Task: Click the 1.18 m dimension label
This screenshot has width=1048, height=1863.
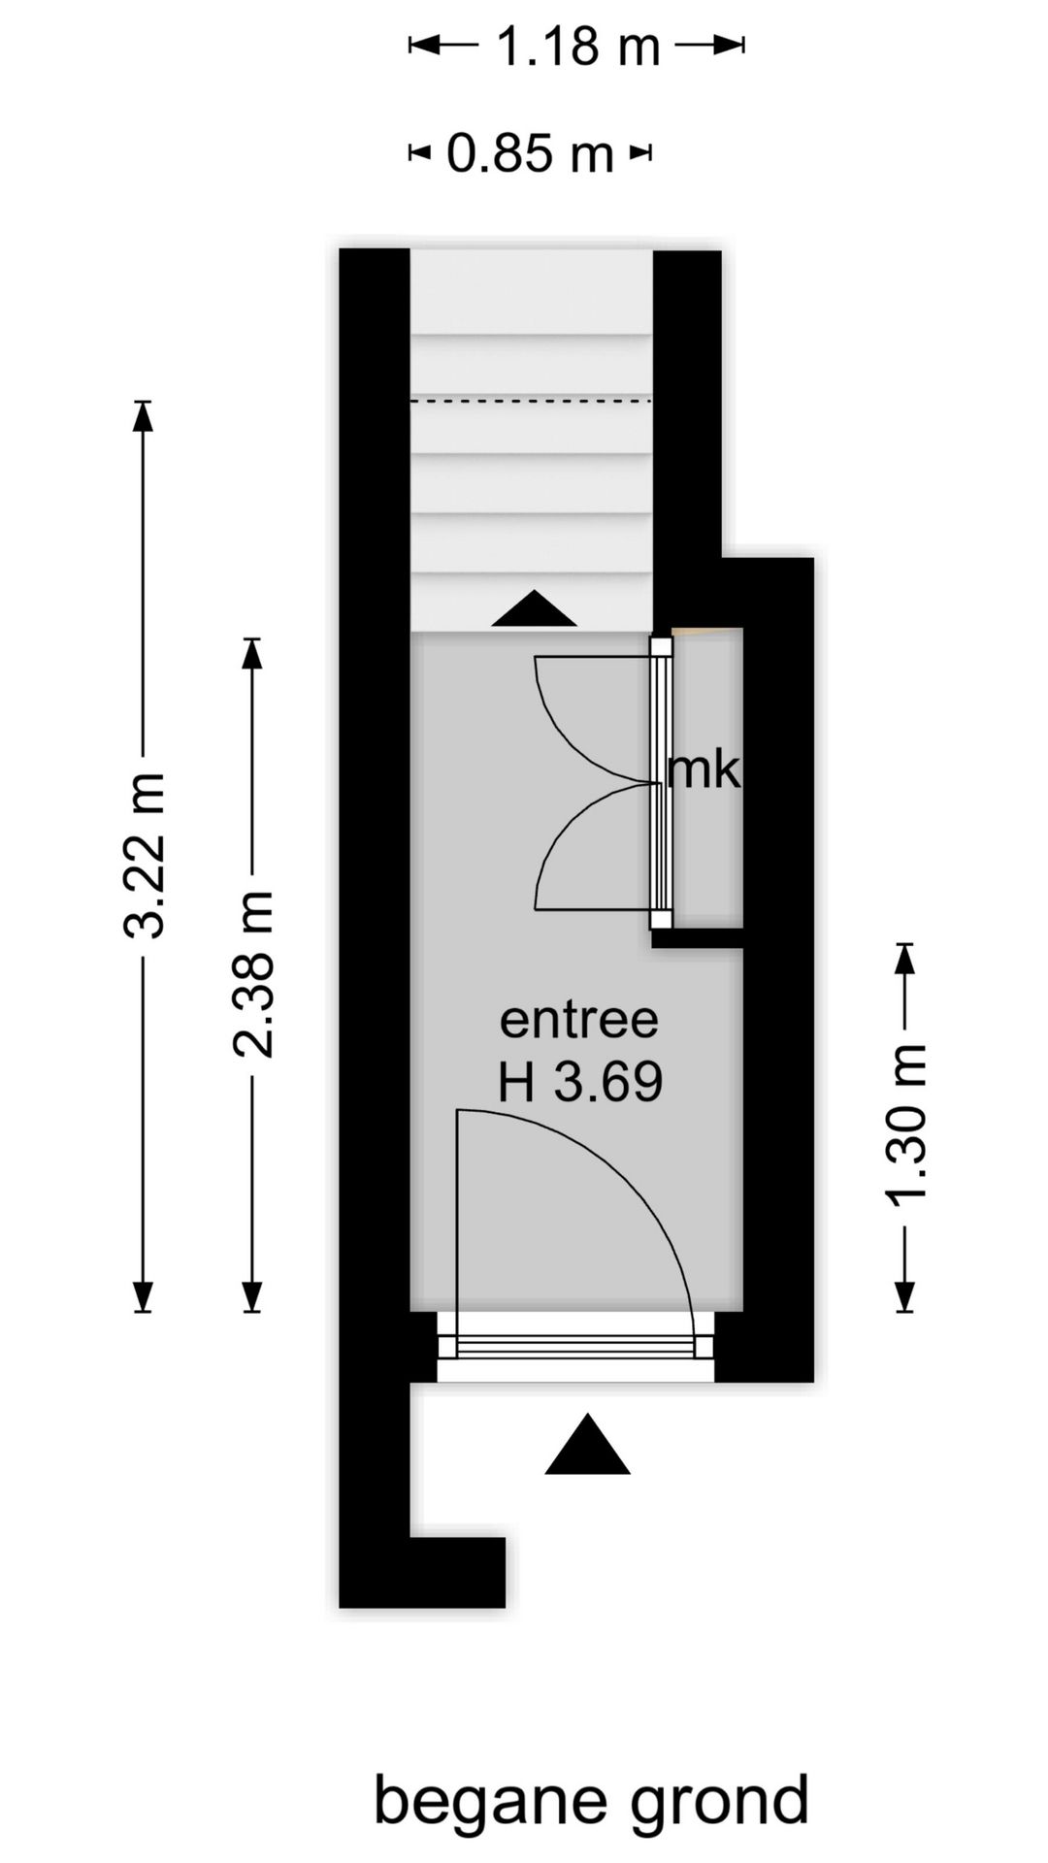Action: tap(578, 46)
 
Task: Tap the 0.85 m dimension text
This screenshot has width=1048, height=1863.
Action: tap(530, 153)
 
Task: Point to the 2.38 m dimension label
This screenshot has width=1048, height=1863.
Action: tap(253, 973)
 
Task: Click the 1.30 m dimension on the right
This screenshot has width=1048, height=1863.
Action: tap(906, 1126)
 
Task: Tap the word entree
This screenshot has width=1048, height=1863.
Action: tap(578, 1020)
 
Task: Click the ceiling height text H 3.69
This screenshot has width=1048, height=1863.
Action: tap(580, 1082)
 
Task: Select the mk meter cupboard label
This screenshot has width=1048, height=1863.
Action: tap(704, 770)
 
